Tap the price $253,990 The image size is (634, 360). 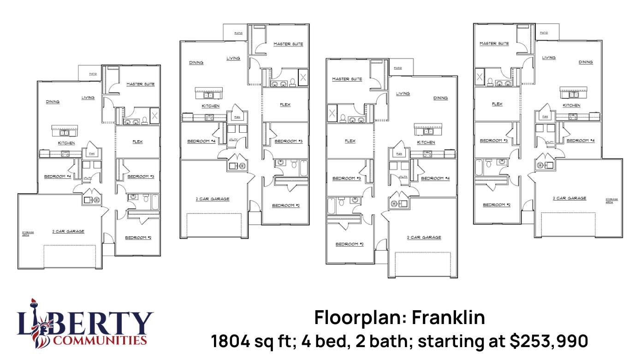549,342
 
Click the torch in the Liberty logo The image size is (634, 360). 33,304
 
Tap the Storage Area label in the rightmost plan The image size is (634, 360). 612,201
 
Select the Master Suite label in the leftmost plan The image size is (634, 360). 140,84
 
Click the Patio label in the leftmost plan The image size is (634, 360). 93,74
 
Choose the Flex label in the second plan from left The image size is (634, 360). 285,105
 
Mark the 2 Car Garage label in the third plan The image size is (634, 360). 424,237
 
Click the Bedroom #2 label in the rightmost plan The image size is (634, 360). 497,205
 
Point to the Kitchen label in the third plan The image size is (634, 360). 426,142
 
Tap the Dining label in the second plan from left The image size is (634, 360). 196,63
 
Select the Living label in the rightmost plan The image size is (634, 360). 549,58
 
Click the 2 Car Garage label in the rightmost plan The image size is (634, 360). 570,198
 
